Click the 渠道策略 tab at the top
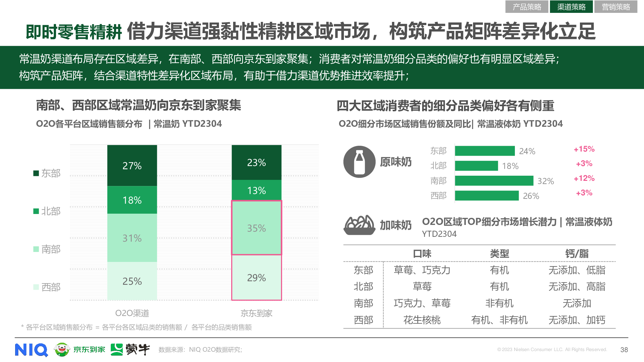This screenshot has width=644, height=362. coord(571,7)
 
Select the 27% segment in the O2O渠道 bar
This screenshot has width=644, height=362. coord(132,165)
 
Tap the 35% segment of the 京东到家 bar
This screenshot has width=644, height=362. coord(256,228)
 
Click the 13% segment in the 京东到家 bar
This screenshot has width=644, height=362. coord(256,190)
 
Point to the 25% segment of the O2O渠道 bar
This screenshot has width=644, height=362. coord(132,281)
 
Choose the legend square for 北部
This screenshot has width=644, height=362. coord(36,211)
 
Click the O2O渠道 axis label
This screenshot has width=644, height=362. coord(132,313)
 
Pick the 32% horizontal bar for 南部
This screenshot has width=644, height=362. coord(494,181)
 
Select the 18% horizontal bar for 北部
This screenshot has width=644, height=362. coord(476,166)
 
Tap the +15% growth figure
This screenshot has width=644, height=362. coord(584,149)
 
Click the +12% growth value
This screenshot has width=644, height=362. coord(584,178)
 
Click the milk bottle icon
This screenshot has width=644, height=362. coord(359,162)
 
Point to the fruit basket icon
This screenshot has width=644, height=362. coord(359,225)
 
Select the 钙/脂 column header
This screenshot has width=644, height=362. coord(577,254)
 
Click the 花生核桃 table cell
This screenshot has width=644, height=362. coord(422,320)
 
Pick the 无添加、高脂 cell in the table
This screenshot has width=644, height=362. coord(577,286)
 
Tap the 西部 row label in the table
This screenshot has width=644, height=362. coord(363,320)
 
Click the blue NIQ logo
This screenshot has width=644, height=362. coord(31,350)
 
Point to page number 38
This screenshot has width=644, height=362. coord(624,350)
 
